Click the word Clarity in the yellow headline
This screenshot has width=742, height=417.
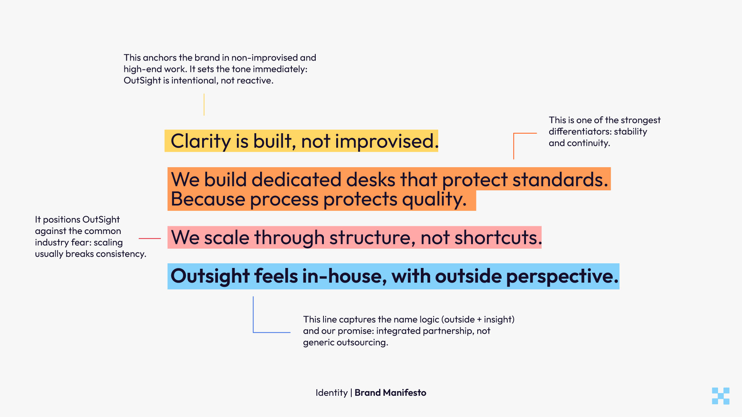coord(201,141)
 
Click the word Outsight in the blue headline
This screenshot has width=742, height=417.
coord(210,276)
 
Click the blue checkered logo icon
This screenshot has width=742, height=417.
coord(720,396)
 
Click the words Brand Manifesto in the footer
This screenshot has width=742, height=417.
coord(390,393)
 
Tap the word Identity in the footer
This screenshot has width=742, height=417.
coord(331,393)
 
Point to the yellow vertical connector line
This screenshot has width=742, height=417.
coord(204,104)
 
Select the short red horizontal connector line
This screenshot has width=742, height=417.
coord(150,239)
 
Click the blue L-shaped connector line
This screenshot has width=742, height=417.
coord(254,317)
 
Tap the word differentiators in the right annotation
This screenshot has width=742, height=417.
coord(580,132)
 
